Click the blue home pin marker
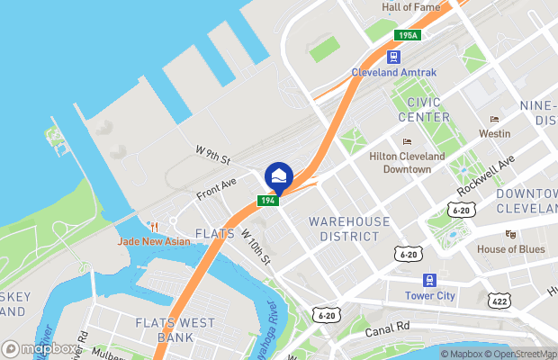coord(279,175)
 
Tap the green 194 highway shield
coord(268,200)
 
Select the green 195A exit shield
coord(407,35)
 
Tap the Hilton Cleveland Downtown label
coord(408,162)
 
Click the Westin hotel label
coord(495,133)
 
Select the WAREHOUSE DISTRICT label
coord(349,229)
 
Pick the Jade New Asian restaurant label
coord(153,241)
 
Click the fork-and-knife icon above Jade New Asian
coord(154,225)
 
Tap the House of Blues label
coord(511,248)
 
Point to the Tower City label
coord(430,295)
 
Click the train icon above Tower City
coord(430,279)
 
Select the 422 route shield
coord(498,301)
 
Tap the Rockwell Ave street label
coord(485,173)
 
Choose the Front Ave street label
coord(216,187)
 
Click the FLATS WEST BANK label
coord(175,329)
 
